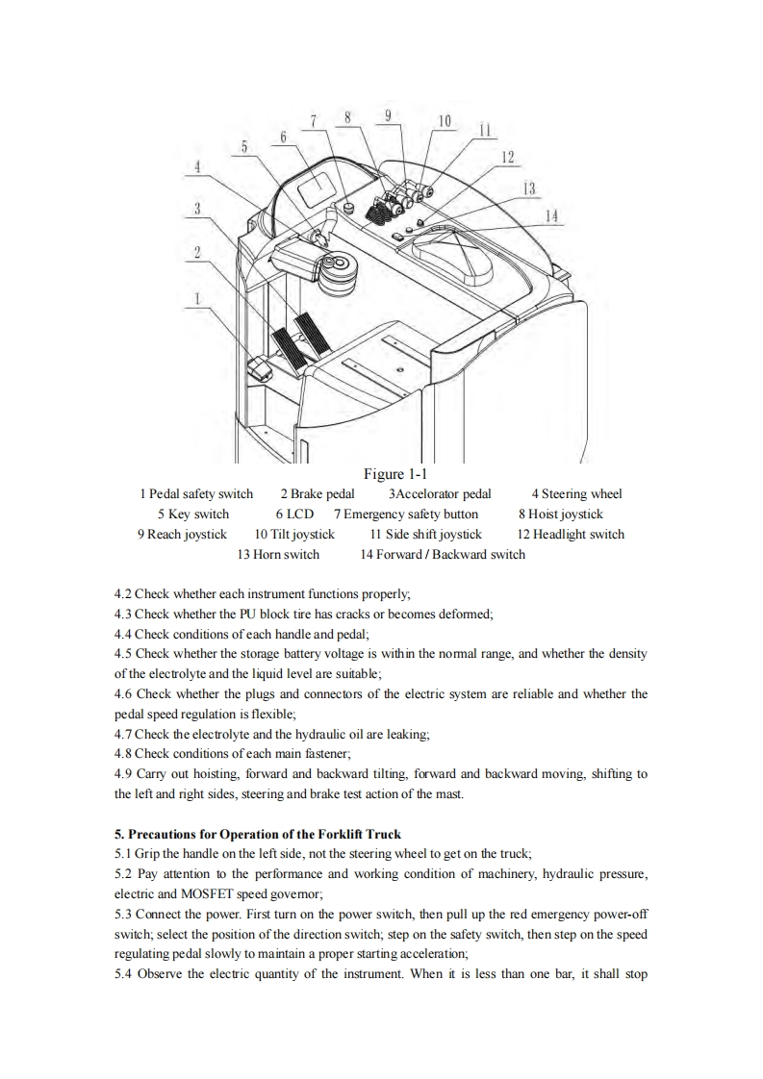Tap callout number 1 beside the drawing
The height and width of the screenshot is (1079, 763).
click(x=196, y=298)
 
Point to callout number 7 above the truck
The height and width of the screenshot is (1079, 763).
click(x=314, y=120)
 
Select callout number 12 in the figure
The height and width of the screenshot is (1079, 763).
click(x=508, y=157)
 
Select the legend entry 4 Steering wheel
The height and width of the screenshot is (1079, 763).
click(x=576, y=494)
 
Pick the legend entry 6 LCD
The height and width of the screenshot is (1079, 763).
click(x=294, y=514)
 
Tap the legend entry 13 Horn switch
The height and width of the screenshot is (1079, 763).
click(x=278, y=555)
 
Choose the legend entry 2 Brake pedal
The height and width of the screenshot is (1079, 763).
click(x=318, y=494)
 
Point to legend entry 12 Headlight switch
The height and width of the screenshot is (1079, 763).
click(x=571, y=535)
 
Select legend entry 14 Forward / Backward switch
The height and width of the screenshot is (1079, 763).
click(x=443, y=555)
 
